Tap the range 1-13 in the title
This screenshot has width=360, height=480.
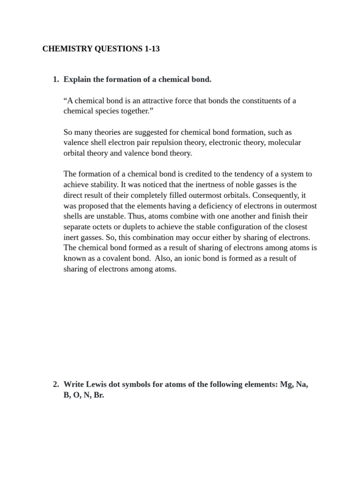click(150, 49)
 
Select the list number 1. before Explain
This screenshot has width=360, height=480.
click(56, 80)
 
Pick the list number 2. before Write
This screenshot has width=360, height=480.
click(56, 384)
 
